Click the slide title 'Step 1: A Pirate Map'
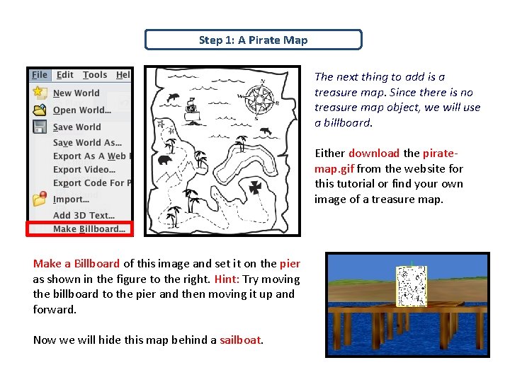253,40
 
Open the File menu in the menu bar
40,75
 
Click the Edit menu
65,75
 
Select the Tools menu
95,75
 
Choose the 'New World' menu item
76,93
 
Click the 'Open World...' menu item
81,110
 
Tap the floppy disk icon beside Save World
40,127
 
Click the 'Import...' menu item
71,199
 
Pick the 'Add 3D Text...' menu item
84,215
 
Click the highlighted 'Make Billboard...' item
89,228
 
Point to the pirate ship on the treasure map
191,110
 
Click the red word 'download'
374,154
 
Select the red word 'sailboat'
241,340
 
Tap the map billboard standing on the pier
411,286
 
